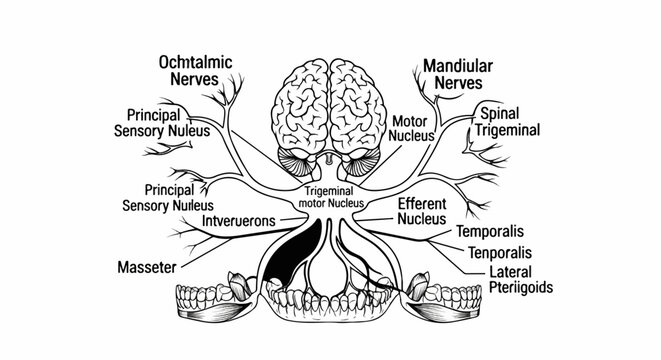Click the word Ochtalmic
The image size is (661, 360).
coord(196,63)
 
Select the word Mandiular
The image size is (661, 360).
coord(457,67)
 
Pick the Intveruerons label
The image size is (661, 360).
coord(238,219)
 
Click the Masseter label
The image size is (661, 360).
coord(147,268)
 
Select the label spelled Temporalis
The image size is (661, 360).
coord(489,231)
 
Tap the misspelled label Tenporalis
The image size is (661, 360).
coord(493,251)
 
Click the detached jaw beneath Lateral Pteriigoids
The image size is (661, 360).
coord(449,302)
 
